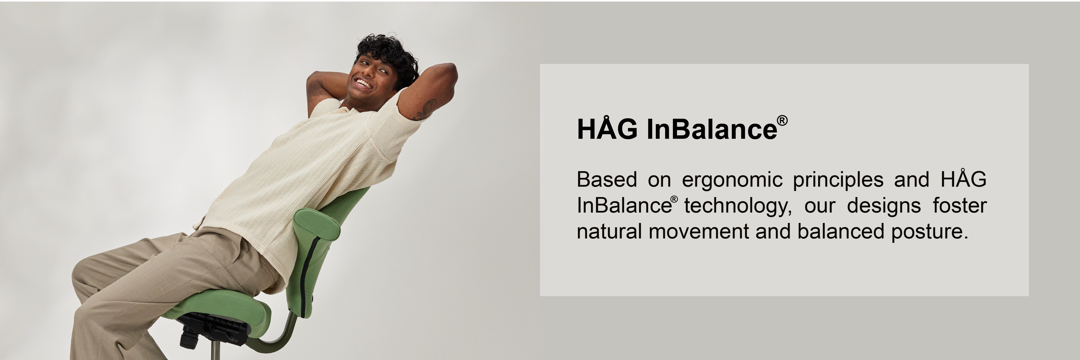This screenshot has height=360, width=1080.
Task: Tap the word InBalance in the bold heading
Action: pos(712,129)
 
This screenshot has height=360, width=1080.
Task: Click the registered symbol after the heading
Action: pos(782,121)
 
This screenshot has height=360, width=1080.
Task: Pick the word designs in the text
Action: pos(884,205)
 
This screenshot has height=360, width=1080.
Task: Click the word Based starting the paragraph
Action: pos(607,180)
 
